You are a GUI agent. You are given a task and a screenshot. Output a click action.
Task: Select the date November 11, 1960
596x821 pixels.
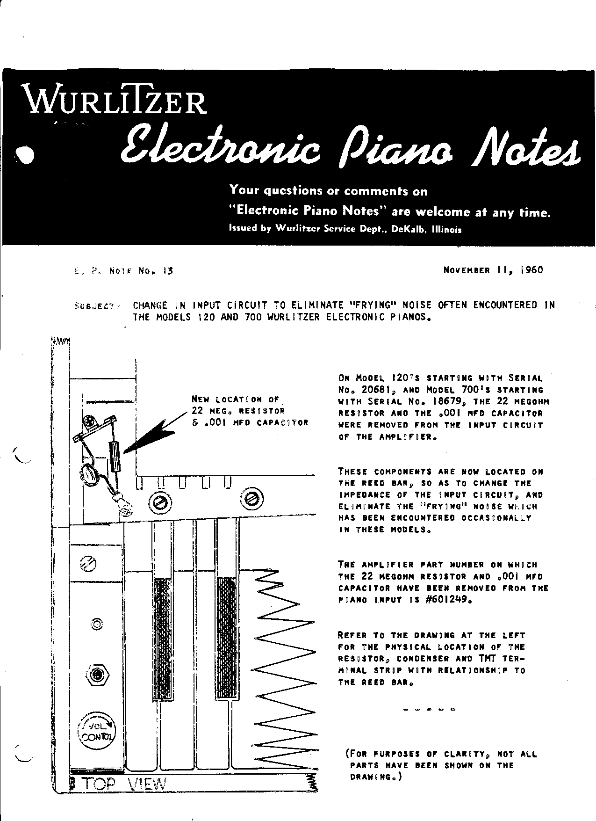click(493, 270)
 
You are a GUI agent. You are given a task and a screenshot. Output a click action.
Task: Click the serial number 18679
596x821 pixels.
click(445, 402)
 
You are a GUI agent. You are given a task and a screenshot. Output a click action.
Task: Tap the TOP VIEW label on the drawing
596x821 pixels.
click(124, 784)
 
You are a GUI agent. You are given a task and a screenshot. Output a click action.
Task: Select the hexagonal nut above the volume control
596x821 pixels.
click(97, 675)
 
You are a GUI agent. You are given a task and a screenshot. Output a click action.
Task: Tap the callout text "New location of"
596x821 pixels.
click(235, 400)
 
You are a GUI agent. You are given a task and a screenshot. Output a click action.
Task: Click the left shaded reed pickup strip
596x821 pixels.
click(163, 639)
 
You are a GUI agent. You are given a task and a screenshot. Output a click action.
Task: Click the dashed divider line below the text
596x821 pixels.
click(428, 710)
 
